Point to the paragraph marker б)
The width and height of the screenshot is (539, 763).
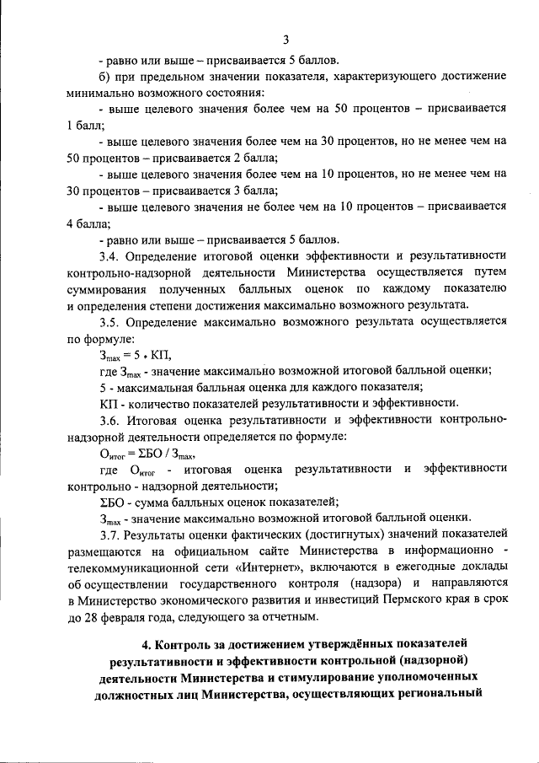pos(105,77)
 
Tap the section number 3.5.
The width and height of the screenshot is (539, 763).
pos(109,321)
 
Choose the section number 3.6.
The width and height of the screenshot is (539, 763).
pos(109,419)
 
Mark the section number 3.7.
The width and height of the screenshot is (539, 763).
pos(109,534)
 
